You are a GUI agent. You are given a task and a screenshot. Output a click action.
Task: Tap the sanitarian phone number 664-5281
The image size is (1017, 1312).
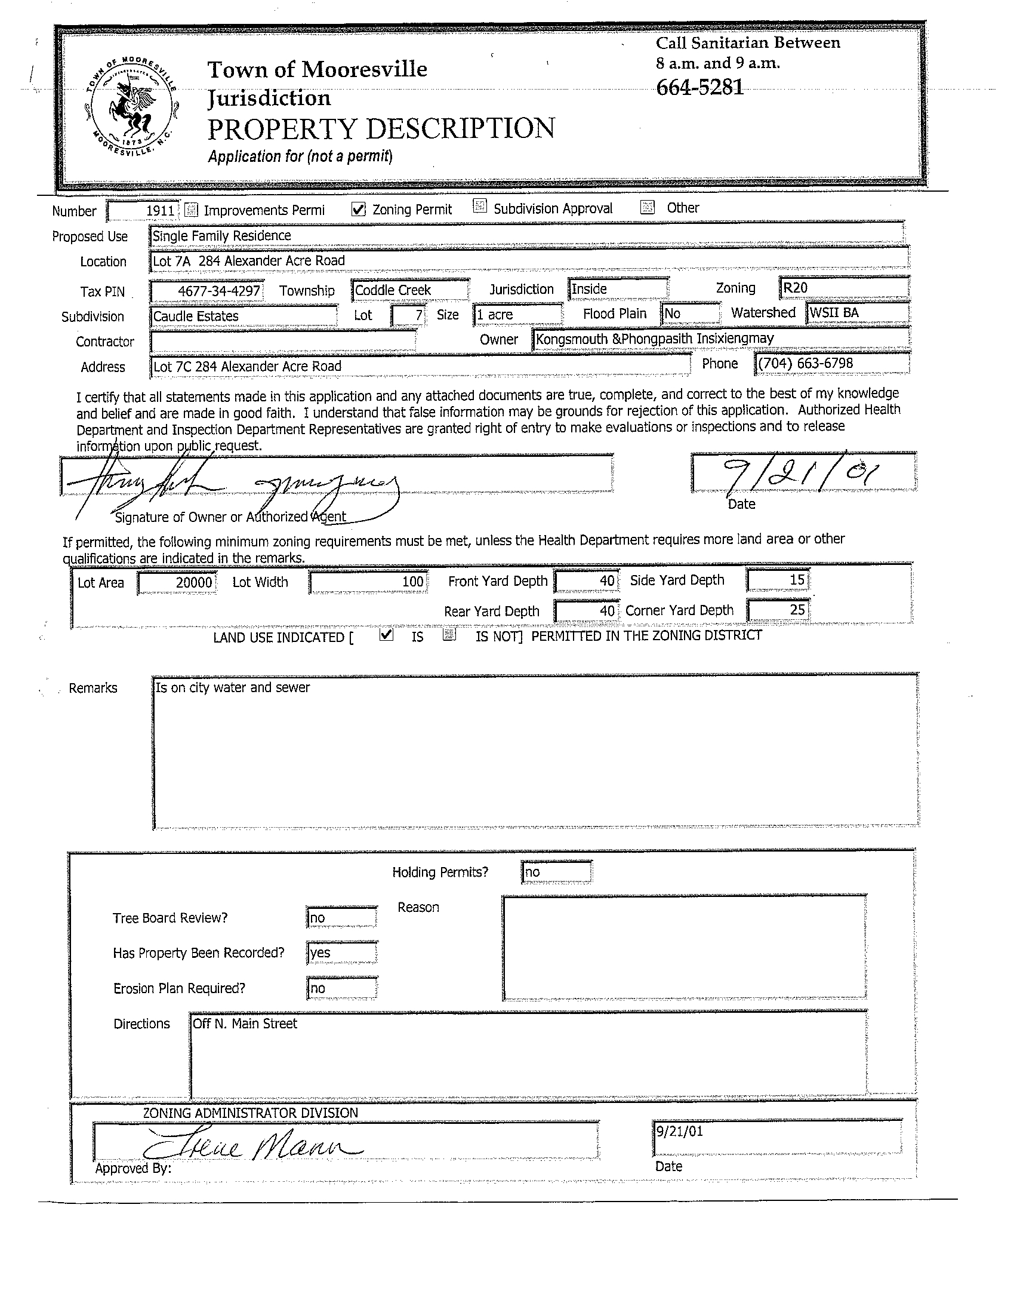(x=699, y=88)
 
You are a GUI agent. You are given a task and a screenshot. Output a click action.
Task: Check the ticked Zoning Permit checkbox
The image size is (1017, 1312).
(x=359, y=209)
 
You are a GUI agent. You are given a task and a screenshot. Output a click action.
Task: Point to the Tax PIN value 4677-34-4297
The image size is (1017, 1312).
(x=206, y=291)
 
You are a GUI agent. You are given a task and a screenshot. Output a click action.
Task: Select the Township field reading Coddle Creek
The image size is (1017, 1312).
(x=409, y=290)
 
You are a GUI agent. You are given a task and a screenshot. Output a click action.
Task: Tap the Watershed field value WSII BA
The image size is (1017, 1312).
(x=856, y=312)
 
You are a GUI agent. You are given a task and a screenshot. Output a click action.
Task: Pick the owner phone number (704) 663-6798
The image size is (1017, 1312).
(x=831, y=364)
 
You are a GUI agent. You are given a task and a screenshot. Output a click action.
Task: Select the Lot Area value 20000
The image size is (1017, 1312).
(x=177, y=582)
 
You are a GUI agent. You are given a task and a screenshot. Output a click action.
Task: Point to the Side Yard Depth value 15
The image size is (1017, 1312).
(x=778, y=580)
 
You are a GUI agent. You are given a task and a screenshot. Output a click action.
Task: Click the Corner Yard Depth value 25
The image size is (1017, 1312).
(x=778, y=610)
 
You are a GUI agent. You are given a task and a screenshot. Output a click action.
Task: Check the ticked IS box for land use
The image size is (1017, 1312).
(x=387, y=634)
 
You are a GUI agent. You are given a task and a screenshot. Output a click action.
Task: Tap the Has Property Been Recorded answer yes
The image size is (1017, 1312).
(x=341, y=952)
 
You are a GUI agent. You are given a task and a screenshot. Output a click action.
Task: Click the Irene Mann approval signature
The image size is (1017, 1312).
(x=252, y=1148)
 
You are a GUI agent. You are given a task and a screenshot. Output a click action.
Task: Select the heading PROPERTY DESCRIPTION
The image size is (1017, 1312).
(x=381, y=129)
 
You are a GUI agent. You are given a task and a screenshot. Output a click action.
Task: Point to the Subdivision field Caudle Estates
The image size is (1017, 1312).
(x=243, y=316)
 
